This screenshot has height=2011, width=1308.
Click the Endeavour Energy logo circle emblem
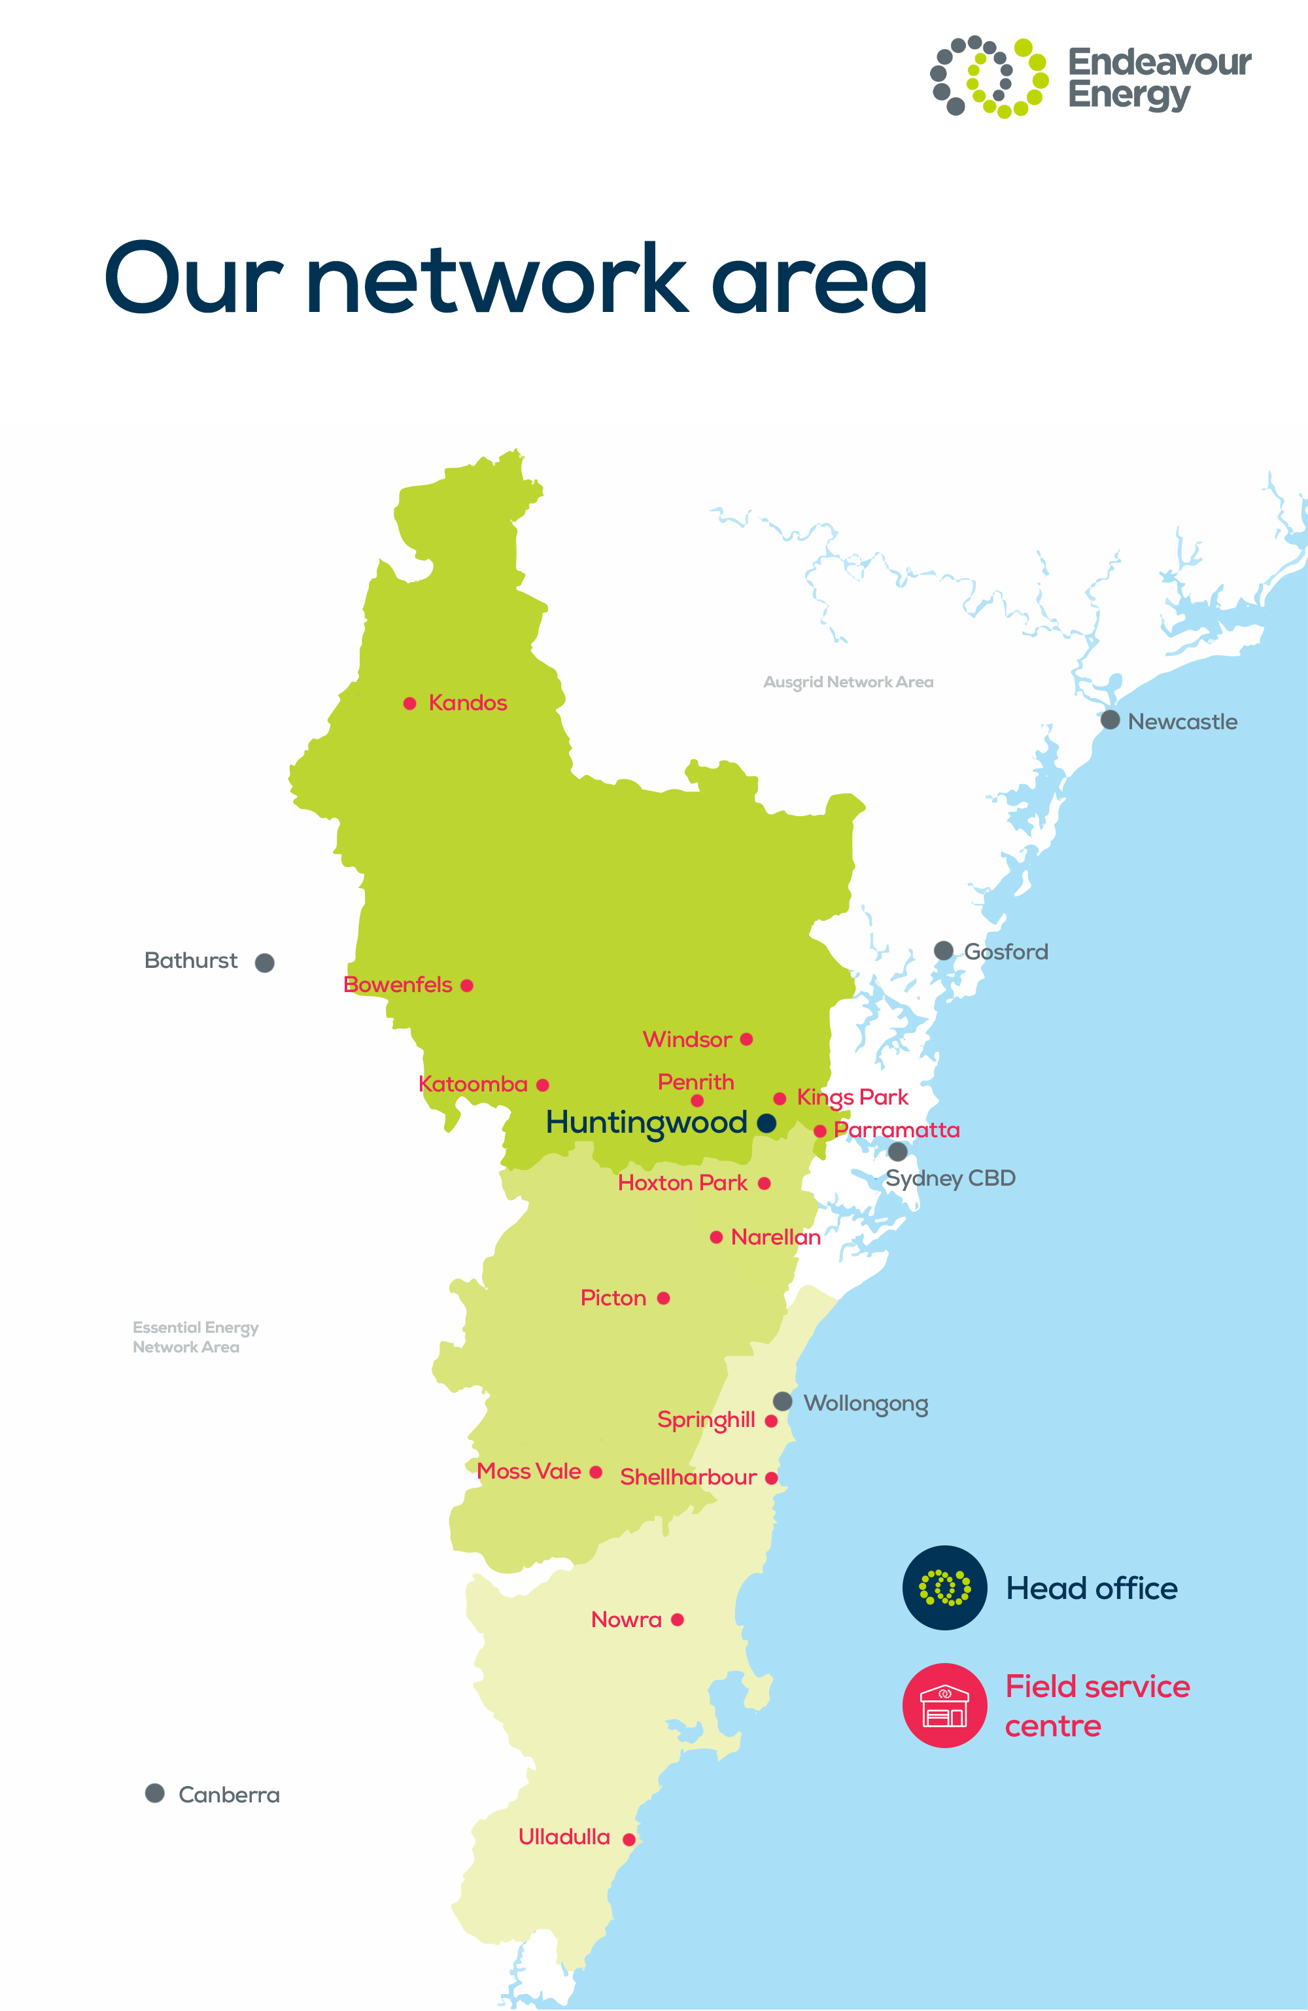pos(989,77)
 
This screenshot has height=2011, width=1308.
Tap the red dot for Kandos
pos(410,703)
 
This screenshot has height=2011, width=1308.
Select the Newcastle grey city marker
pos(1110,720)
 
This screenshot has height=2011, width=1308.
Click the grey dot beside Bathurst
pos(264,963)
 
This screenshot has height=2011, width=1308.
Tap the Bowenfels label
pos(398,984)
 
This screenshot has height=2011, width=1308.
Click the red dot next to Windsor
pos(746,1039)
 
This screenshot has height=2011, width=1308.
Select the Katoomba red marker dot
pos(542,1085)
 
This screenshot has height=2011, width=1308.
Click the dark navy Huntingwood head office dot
pos(766,1123)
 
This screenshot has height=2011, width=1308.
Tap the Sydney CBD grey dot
pos(898,1151)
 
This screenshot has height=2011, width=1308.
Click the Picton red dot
pos(663,1298)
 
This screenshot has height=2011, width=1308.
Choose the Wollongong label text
pos(865,1403)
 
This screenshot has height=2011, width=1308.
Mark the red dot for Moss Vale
pos(596,1472)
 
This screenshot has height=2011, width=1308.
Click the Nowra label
pos(626,1619)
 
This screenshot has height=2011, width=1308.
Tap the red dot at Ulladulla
pos(628,1840)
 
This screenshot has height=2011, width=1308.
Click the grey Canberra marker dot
pos(154,1793)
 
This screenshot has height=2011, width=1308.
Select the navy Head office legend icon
pos(944,1588)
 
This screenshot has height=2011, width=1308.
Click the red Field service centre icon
pos(944,1705)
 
